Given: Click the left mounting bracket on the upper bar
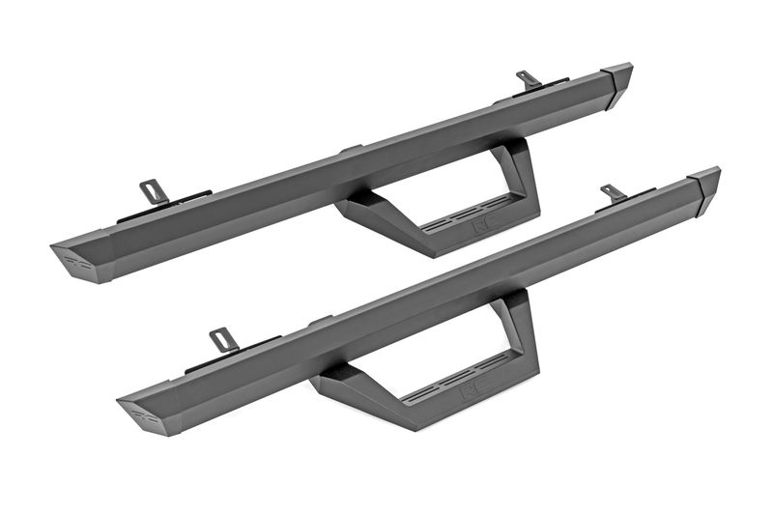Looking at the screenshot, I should coord(153,191).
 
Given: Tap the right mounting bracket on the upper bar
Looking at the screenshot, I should coord(529,78).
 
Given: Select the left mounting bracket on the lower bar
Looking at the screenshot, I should coord(222,339).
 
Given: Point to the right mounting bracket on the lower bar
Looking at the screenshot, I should coord(612,192).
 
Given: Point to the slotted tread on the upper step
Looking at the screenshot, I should coord(454,219).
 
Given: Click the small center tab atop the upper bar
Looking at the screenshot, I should coord(350,149).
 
